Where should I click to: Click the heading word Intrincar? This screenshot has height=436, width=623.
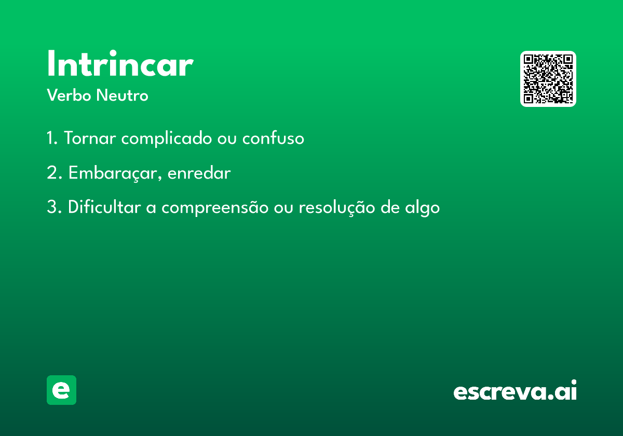(120, 63)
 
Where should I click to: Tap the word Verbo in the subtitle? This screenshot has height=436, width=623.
(69, 95)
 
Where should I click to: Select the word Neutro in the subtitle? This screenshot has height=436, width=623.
(122, 95)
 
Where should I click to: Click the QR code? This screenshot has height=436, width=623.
(548, 79)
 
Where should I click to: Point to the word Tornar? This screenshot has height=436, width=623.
(90, 138)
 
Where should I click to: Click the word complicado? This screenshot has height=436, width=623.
(166, 138)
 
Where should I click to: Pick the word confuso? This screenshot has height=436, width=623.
(273, 138)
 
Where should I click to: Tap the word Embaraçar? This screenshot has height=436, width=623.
(115, 173)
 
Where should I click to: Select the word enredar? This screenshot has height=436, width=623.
(199, 172)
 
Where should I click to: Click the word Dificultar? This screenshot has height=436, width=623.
(104, 207)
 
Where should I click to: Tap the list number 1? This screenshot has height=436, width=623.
(52, 138)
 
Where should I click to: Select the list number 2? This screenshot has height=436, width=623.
(55, 172)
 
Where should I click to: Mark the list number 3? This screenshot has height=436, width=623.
(54, 207)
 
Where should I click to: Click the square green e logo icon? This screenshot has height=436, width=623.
(61, 390)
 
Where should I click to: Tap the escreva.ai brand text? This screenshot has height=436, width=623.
(515, 390)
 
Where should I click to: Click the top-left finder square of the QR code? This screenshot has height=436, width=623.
(528, 59)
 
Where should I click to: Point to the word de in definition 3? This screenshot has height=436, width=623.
(390, 207)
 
